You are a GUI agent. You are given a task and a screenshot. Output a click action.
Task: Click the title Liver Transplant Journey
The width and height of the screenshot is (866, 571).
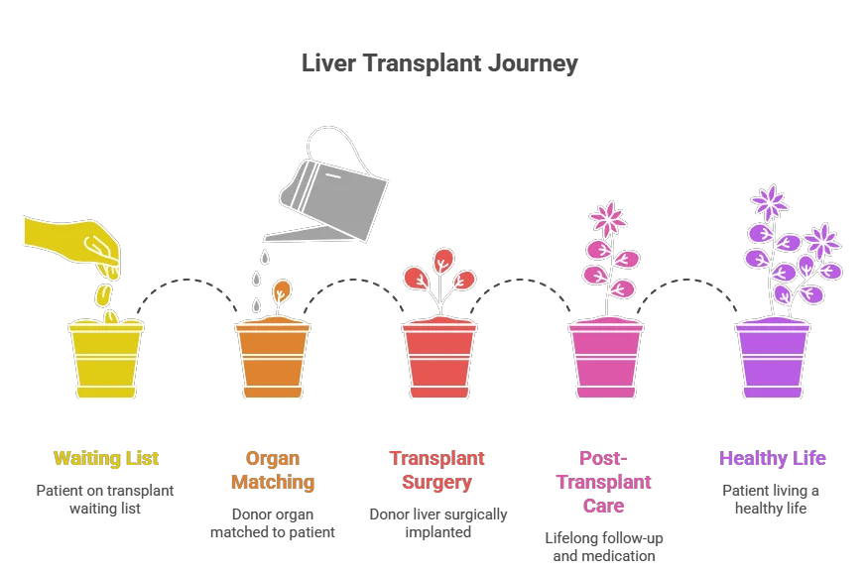coord(439,64)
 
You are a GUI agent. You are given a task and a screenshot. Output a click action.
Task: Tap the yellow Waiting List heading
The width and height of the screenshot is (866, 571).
coord(106,459)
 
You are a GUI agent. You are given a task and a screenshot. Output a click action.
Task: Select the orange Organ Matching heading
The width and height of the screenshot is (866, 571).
coord(273,471)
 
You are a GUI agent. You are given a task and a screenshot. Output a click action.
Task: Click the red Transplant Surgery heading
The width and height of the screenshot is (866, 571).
coord(437,471)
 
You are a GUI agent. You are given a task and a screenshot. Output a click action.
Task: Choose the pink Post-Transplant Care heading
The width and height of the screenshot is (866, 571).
coord(603,482)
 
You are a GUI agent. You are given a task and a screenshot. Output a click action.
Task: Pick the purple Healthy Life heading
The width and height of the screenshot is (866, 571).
coord(772,459)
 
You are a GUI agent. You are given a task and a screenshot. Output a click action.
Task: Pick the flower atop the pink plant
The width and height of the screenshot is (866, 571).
coord(607,219)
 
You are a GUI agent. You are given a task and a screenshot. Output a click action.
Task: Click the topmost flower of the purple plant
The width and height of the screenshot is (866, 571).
coord(770,202)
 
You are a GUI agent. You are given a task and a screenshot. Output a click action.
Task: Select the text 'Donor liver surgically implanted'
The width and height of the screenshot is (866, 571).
coord(437,523)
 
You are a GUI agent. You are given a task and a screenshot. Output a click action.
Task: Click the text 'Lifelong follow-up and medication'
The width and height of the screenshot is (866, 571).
coord(603,547)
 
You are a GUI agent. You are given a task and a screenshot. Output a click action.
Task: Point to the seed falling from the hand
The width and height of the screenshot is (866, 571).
coord(103,294)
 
